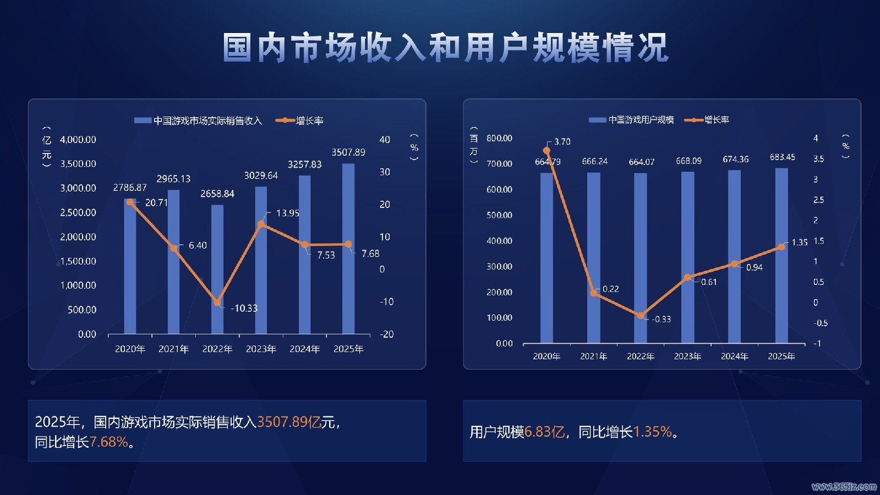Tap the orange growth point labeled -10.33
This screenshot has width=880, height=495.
click(217, 302)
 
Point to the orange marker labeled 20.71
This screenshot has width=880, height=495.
click(130, 202)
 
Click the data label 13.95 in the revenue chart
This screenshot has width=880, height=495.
click(287, 213)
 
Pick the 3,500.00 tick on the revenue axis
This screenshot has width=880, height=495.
click(78, 164)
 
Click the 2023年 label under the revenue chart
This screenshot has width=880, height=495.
click(261, 349)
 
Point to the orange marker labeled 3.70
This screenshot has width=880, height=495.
click(546, 150)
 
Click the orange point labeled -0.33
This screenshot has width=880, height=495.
click(641, 316)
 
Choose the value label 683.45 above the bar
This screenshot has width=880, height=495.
click(782, 157)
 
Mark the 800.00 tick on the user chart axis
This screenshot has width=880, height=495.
click(499, 138)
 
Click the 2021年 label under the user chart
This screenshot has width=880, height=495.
click(593, 356)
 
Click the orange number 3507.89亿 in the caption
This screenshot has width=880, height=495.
click(288, 422)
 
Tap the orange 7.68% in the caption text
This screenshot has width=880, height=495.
click(108, 442)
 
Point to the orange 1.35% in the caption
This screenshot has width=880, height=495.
click(652, 432)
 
